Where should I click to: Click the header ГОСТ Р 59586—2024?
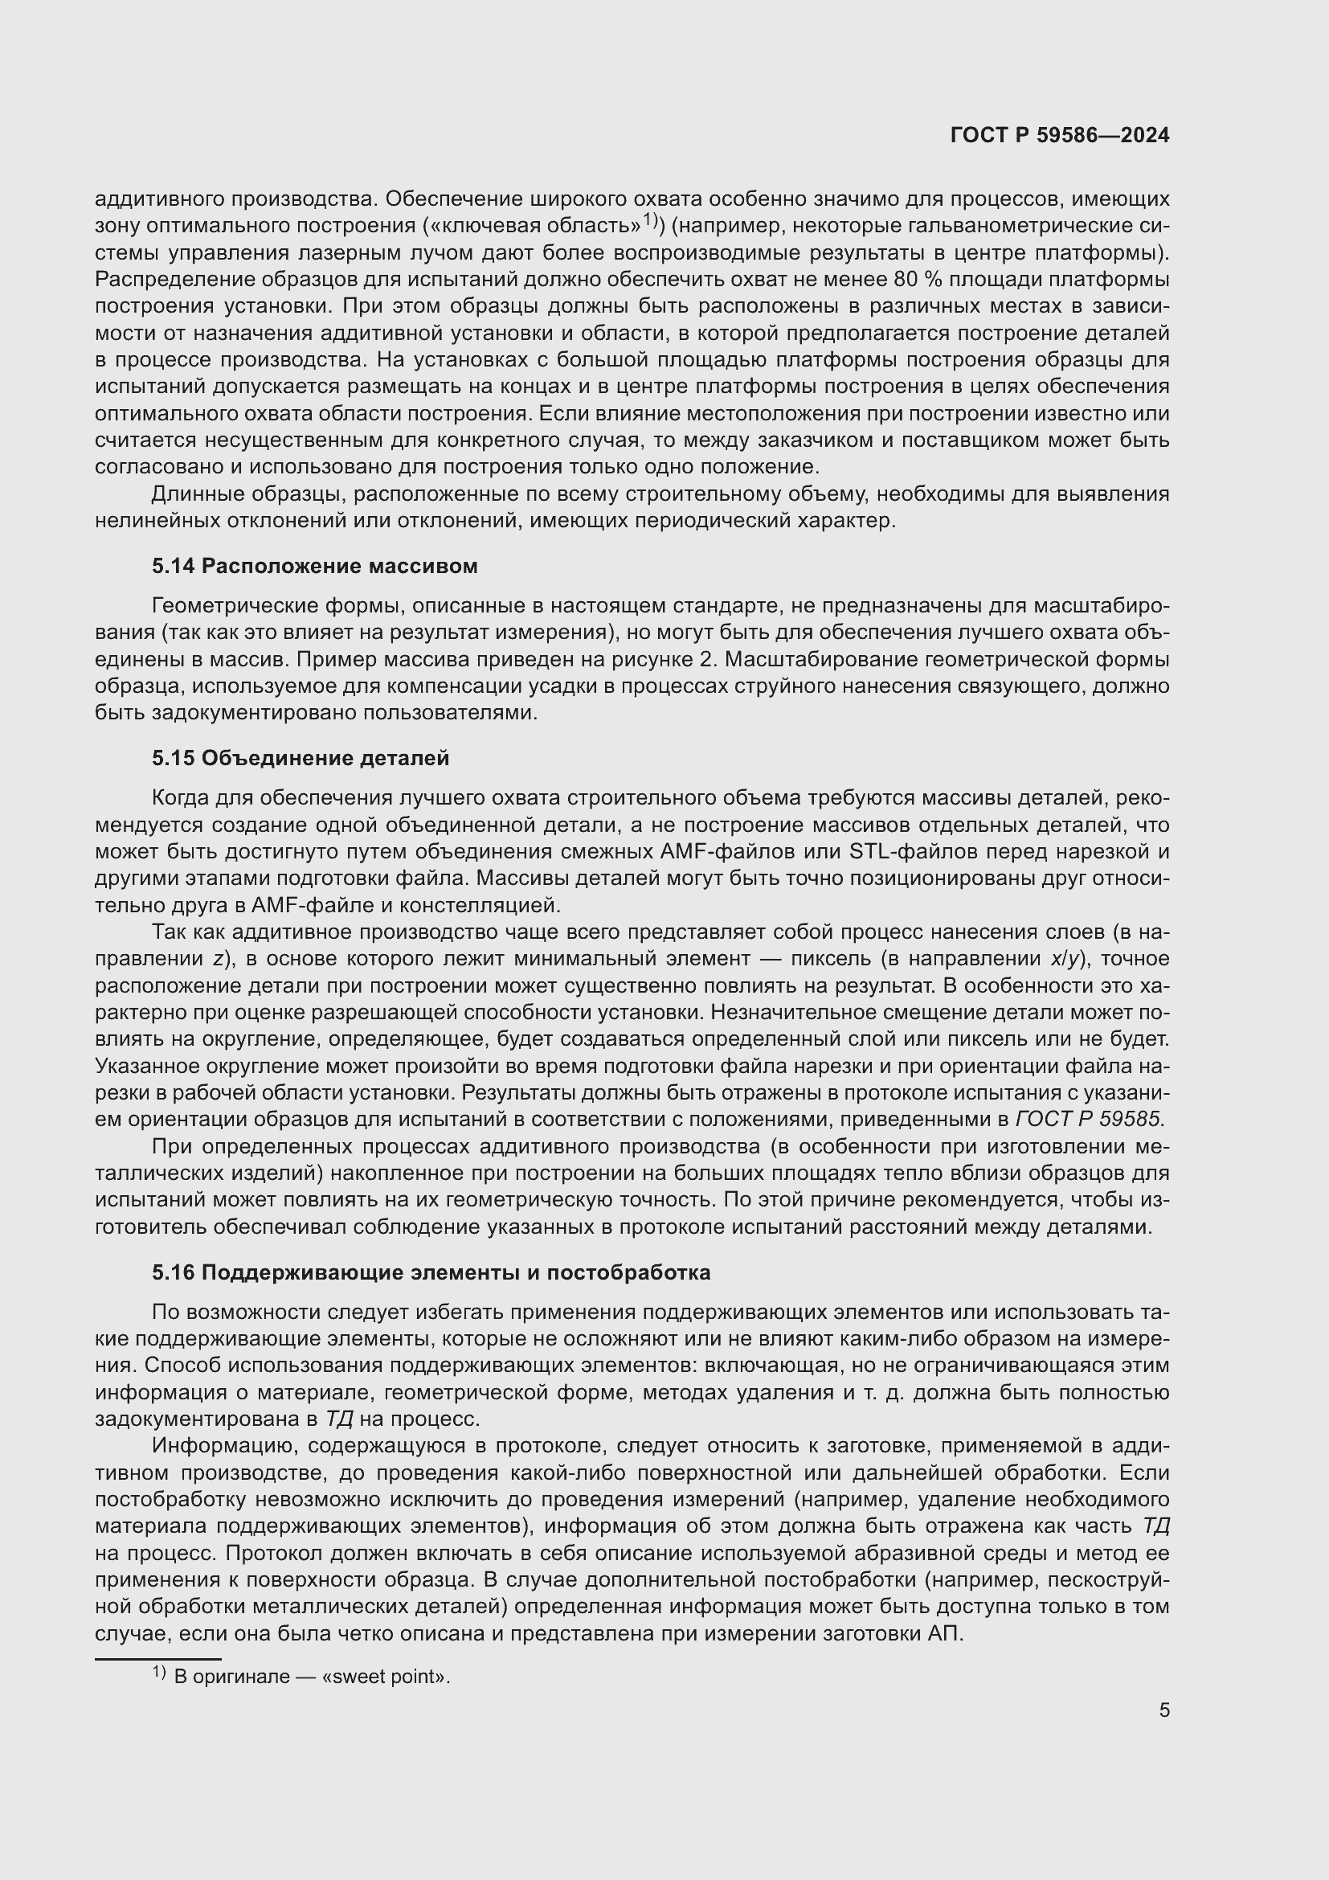[1060, 135]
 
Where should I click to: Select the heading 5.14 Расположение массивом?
[314, 566]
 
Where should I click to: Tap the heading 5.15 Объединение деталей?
[301, 757]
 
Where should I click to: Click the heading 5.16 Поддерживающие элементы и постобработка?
[431, 1272]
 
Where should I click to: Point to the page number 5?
[1163, 1710]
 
